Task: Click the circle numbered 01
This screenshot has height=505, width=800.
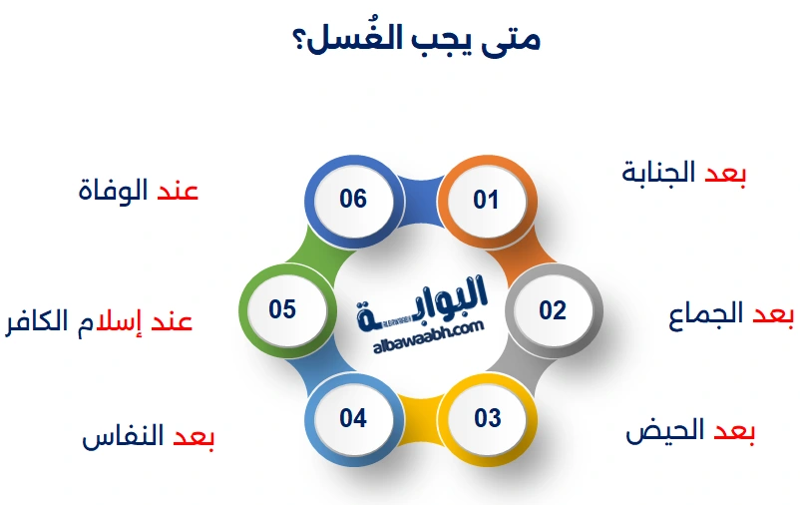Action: tap(486, 200)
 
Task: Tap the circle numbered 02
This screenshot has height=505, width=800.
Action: tap(553, 309)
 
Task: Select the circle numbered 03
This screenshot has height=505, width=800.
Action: tap(487, 417)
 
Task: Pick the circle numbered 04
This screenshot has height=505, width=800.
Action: tap(353, 417)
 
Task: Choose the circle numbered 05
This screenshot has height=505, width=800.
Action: tap(283, 309)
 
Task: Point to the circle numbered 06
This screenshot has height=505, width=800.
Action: tap(353, 199)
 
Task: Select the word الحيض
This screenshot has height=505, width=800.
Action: tap(664, 431)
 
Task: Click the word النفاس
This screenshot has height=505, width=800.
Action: tap(122, 438)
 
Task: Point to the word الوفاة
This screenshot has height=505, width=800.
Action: tap(113, 190)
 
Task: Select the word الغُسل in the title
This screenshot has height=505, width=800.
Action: tap(353, 39)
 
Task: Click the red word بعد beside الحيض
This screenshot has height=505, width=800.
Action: tap(732, 431)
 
